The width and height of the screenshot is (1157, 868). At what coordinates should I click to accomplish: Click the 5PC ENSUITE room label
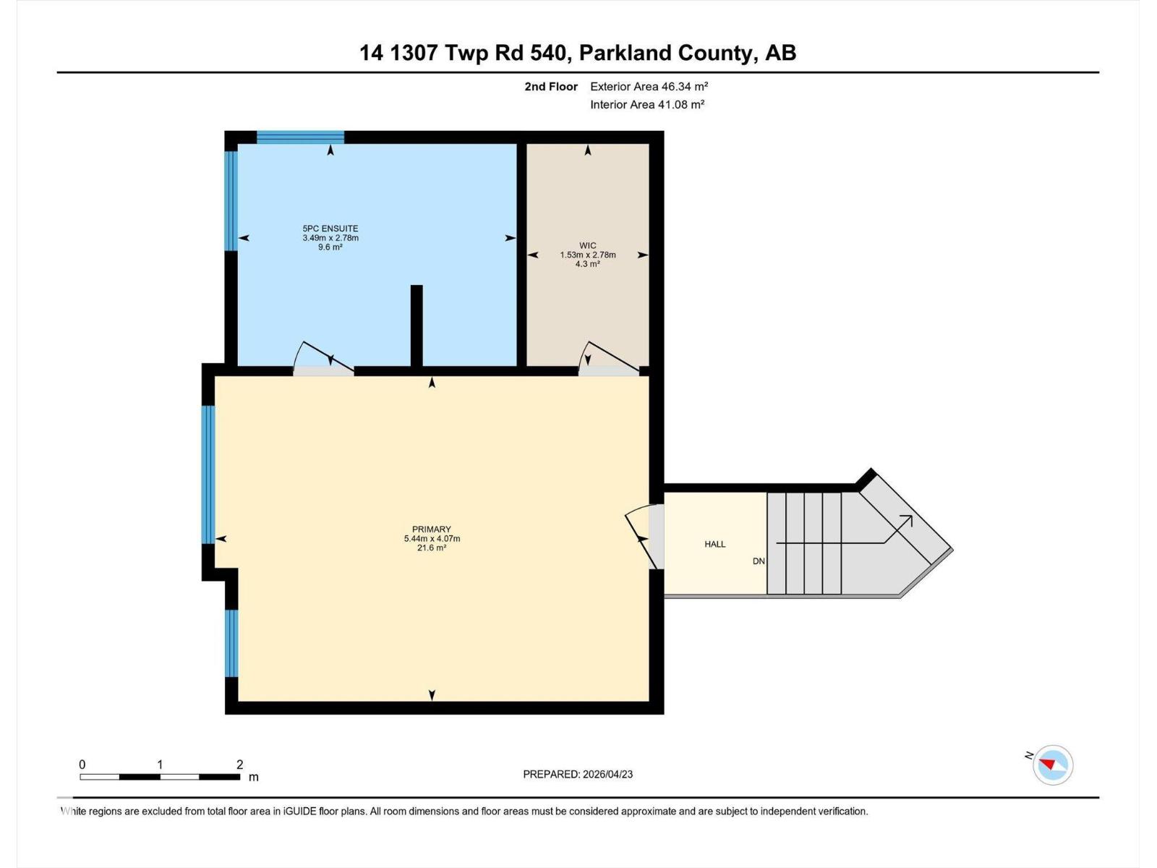click(330, 229)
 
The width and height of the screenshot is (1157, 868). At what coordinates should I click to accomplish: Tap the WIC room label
click(587, 245)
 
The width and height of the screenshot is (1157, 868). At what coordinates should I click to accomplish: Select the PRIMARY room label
click(432, 529)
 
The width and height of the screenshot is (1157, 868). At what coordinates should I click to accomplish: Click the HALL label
click(714, 544)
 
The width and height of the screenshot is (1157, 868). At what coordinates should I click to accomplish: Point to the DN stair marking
click(759, 561)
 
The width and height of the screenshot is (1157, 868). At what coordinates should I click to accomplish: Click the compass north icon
click(1052, 765)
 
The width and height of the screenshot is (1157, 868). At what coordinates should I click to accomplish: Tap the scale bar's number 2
click(239, 765)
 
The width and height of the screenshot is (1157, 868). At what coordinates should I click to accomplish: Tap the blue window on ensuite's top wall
click(300, 137)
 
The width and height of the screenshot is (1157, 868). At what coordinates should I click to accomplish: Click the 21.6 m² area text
click(432, 548)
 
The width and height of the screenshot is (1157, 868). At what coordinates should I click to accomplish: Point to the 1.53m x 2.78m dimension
click(587, 255)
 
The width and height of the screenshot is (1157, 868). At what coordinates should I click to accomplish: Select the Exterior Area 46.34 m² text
click(649, 86)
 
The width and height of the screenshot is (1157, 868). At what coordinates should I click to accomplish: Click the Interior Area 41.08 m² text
click(647, 104)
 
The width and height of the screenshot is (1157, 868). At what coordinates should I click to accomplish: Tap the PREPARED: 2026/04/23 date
click(578, 774)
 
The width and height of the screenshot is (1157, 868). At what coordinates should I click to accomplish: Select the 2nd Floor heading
click(551, 86)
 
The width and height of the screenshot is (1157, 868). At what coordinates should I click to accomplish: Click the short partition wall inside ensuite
click(417, 325)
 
